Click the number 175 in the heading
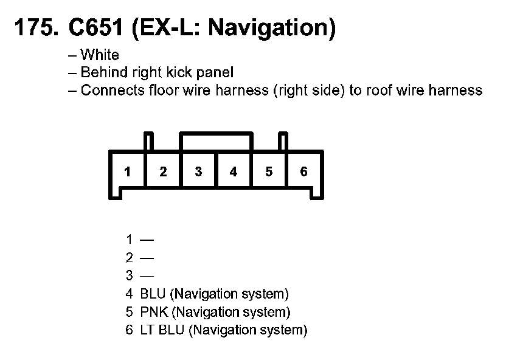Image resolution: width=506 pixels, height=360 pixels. tap(32, 28)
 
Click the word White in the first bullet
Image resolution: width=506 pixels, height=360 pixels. tap(100, 55)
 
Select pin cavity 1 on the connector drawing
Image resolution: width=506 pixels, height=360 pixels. tap(127, 172)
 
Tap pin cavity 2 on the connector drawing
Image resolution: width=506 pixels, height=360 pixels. tap(163, 172)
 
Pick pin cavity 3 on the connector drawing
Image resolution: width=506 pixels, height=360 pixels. tap(198, 172)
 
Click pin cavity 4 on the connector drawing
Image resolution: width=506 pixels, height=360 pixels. tap(234, 172)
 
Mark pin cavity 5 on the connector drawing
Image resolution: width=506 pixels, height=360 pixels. tap(269, 172)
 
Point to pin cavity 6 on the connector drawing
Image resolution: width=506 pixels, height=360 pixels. tap(304, 172)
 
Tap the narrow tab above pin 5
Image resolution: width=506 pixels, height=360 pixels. tap(282, 142)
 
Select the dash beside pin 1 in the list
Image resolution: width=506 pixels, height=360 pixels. tap(147, 240)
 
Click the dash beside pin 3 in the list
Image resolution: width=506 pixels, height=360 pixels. tap(147, 276)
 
